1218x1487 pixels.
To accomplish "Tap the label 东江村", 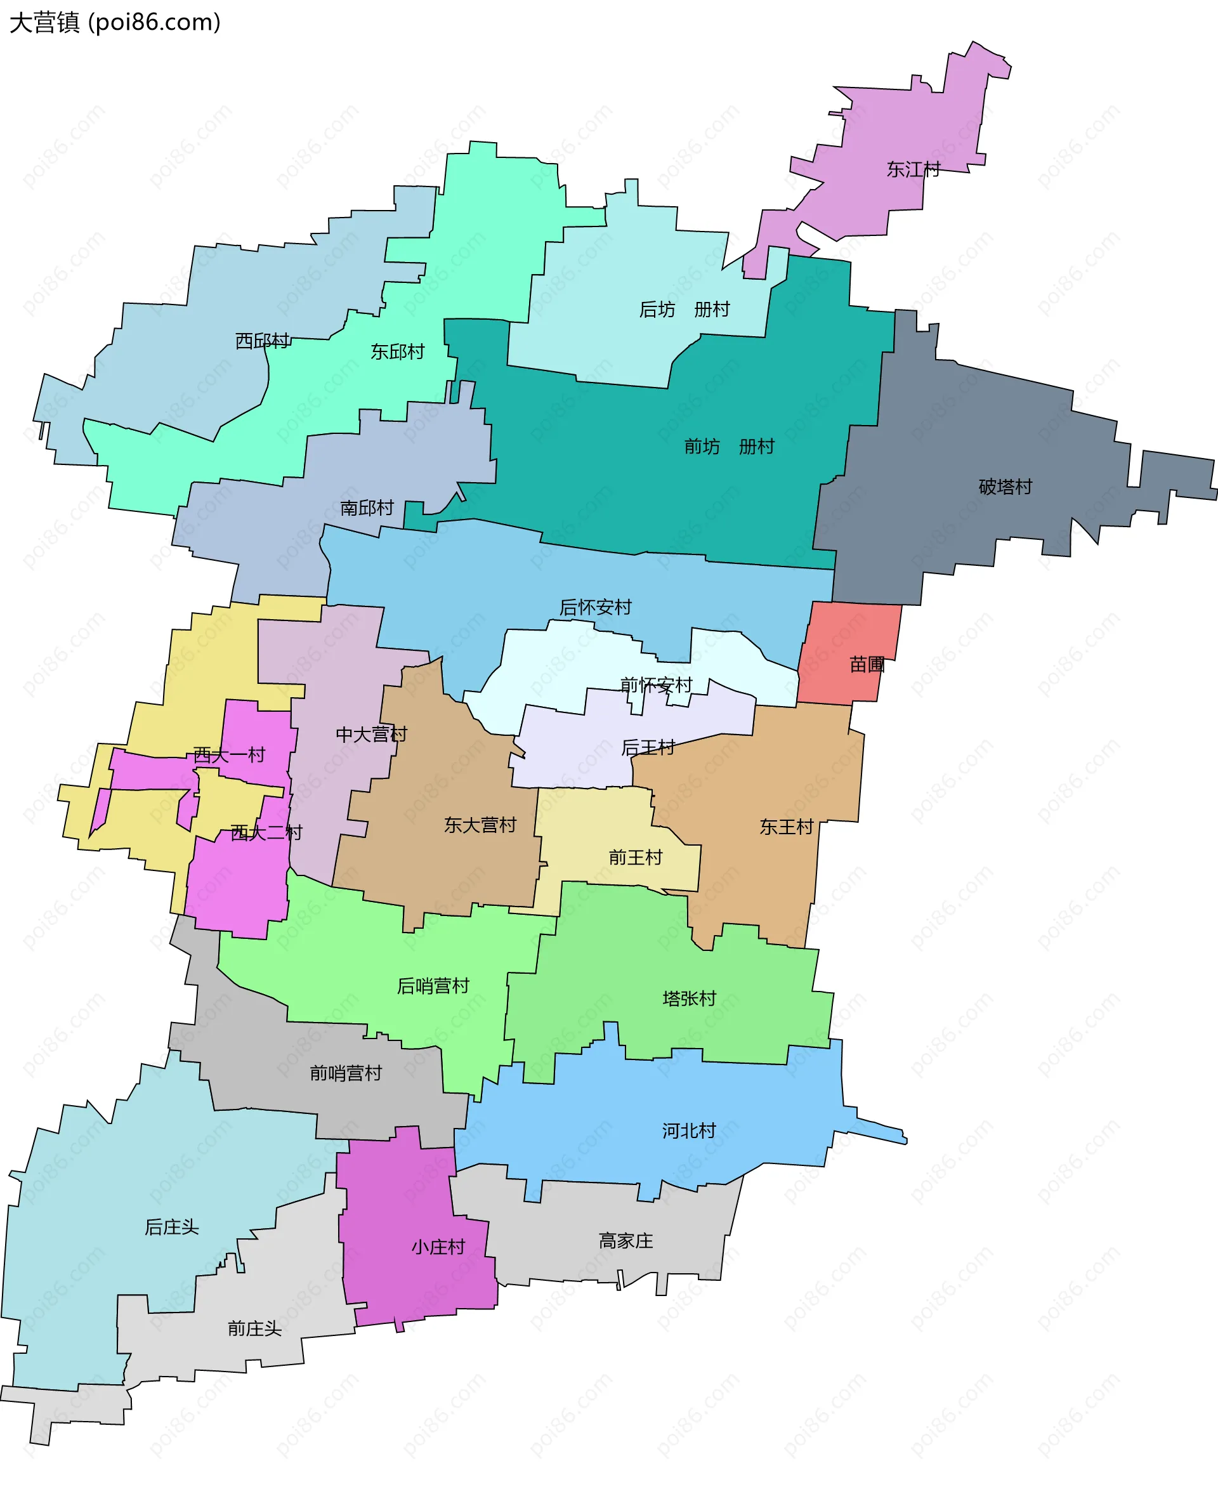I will pyautogui.click(x=913, y=169).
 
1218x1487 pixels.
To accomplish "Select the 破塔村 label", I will pyautogui.click(x=1005, y=487).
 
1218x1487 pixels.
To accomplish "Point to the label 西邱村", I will pyautogui.click(x=263, y=341).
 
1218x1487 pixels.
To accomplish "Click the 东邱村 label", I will pyautogui.click(x=398, y=351).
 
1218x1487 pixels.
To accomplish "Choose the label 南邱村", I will pyautogui.click(x=367, y=508).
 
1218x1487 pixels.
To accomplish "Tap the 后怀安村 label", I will pyautogui.click(x=596, y=607).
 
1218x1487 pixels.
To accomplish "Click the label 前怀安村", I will pyautogui.click(x=656, y=685).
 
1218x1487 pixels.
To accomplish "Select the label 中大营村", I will pyautogui.click(x=371, y=735).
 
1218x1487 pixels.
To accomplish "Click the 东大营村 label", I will pyautogui.click(x=480, y=825).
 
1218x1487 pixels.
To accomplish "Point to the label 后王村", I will pyautogui.click(x=648, y=748).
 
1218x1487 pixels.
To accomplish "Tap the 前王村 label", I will pyautogui.click(x=635, y=858).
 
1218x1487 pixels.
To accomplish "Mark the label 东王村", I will pyautogui.click(x=786, y=827).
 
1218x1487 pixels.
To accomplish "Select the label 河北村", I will pyautogui.click(x=689, y=1130).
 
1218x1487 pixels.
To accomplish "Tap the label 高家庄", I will pyautogui.click(x=626, y=1241).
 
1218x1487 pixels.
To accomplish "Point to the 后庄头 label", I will pyautogui.click(x=172, y=1228).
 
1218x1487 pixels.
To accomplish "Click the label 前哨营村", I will pyautogui.click(x=346, y=1073).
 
